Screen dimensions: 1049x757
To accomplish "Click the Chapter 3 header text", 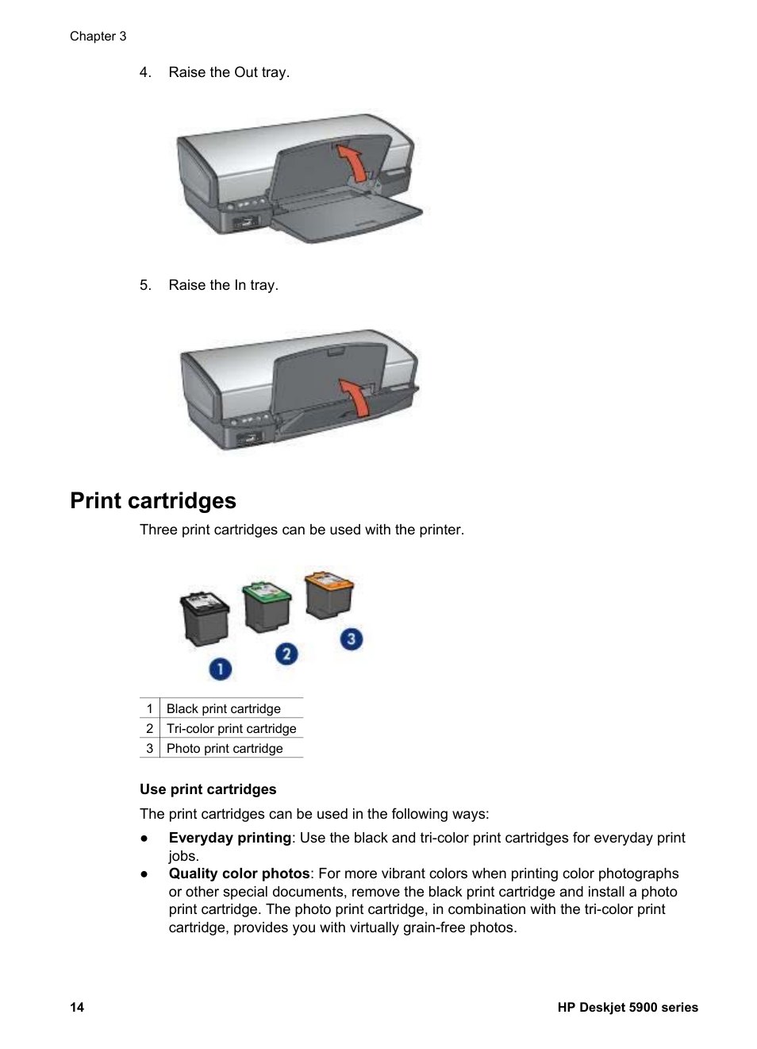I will click(x=98, y=36).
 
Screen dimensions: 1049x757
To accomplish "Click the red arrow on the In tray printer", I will click(x=356, y=396).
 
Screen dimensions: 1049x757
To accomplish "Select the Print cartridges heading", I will click(x=153, y=500).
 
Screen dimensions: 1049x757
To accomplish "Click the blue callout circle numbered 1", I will click(x=220, y=669).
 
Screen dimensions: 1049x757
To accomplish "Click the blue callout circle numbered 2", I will click(x=286, y=654).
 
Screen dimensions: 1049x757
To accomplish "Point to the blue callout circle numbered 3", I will click(x=351, y=638).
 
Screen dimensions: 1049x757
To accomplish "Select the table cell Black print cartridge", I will click(x=223, y=708).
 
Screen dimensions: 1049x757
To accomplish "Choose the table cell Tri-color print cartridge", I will click(x=231, y=728).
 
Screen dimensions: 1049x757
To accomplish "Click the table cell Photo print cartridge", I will click(x=225, y=748).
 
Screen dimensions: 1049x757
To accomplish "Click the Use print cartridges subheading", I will click(x=208, y=789).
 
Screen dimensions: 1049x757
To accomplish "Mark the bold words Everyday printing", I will click(x=229, y=838).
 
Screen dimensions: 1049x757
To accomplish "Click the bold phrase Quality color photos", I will click(x=239, y=874).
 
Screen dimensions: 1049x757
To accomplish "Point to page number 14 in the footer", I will click(x=77, y=1007).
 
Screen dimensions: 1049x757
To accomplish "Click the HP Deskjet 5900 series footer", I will click(x=627, y=1007).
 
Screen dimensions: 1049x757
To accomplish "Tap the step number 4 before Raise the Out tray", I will click(x=144, y=72).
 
